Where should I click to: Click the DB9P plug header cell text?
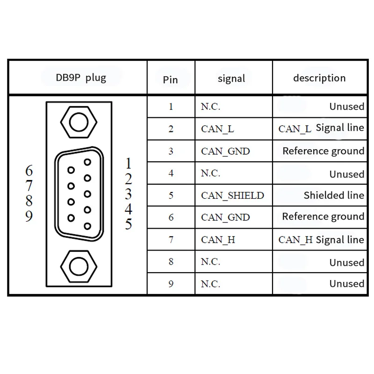pyautogui.click(x=80, y=77)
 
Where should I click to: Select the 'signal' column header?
pyautogui.click(x=231, y=79)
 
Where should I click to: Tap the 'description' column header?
pyautogui.click(x=319, y=78)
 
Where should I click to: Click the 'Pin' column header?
pyautogui.click(x=170, y=79)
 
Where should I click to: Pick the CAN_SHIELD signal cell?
pyautogui.click(x=232, y=195)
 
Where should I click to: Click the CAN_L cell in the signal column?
pyautogui.click(x=217, y=129)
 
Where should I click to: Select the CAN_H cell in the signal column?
pyautogui.click(x=218, y=240)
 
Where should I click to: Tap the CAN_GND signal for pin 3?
pyautogui.click(x=225, y=151)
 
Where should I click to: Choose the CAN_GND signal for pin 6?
pyautogui.click(x=225, y=217)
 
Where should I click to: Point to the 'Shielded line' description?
pyautogui.click(x=333, y=195)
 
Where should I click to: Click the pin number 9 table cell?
pyautogui.click(x=171, y=284)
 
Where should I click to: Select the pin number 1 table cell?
pyautogui.click(x=171, y=107)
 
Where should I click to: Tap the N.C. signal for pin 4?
pyautogui.click(x=210, y=173)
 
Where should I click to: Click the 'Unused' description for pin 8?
pyautogui.click(x=346, y=262)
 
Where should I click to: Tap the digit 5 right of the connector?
pyautogui.click(x=129, y=224)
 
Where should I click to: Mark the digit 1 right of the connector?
pyautogui.click(x=129, y=163)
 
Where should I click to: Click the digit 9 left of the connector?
pyautogui.click(x=29, y=216)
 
